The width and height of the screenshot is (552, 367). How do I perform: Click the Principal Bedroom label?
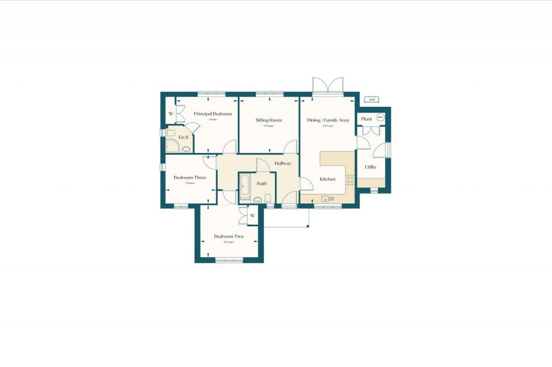pos(213,114)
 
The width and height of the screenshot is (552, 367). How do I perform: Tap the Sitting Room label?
pos(268,120)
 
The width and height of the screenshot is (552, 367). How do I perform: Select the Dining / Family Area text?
pos(328,120)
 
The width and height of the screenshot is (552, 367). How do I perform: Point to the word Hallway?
pos(282,163)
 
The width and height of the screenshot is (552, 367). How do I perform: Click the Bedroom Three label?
pos(190,177)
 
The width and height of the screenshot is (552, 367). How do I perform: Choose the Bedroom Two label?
pos(229,236)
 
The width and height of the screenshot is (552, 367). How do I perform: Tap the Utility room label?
pos(371,167)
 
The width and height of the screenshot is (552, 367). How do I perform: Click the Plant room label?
pos(367,119)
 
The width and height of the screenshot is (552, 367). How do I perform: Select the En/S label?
pos(183,138)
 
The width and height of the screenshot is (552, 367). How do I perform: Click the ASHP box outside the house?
pos(371,100)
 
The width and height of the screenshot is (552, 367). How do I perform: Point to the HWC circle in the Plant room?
pos(381,117)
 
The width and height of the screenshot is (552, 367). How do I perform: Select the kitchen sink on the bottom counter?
pos(328,199)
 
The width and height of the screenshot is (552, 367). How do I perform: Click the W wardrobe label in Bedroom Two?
pos(252,216)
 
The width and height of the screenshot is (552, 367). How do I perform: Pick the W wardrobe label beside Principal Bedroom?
pos(171,114)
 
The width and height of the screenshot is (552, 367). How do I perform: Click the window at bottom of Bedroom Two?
pos(229,261)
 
